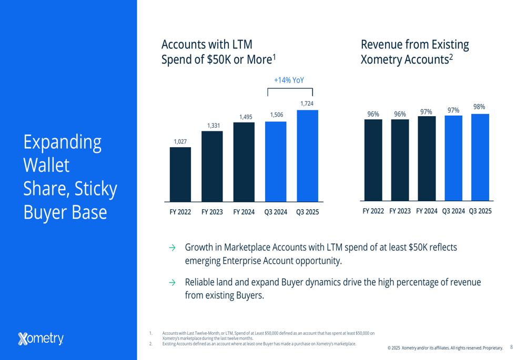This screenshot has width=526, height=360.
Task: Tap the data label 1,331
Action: coord(213,125)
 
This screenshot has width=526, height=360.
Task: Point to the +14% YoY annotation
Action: coord(289,80)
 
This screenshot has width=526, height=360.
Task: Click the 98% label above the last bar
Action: coord(479,107)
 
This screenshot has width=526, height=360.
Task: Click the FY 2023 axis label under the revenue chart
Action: coord(400,211)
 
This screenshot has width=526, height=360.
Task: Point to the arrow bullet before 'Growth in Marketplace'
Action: coord(171,248)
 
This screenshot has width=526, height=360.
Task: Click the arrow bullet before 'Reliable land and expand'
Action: coord(171,283)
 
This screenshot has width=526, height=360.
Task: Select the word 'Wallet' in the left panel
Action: coord(45,166)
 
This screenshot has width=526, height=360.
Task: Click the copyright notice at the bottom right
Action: coord(445,348)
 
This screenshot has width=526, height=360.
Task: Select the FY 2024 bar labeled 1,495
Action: coord(244,162)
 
